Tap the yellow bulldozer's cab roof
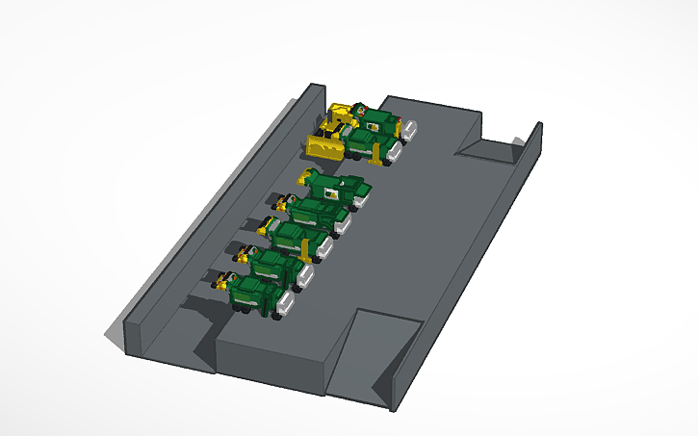(x=342, y=110)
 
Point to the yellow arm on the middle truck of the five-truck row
(x=306, y=249)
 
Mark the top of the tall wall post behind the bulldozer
(x=315, y=90)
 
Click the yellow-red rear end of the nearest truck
(x=227, y=282)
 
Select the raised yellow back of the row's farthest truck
(x=310, y=176)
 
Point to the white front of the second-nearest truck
(x=305, y=277)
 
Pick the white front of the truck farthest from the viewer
(x=408, y=127)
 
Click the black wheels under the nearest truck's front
(x=279, y=314)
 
